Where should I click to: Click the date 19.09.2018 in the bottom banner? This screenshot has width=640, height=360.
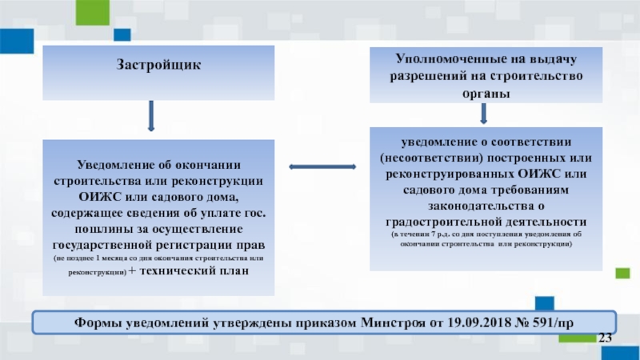click(452, 324)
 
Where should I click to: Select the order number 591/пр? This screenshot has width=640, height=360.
click(548, 324)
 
